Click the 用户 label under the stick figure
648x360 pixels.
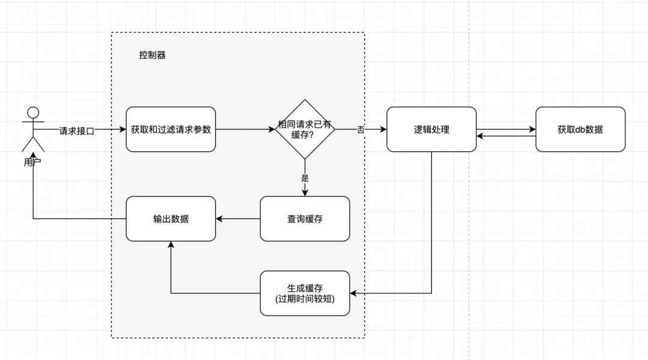coord(33,163)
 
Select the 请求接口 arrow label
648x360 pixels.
coord(76,130)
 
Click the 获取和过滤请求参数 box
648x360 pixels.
coord(170,129)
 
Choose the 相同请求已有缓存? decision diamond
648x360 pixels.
coord(305,129)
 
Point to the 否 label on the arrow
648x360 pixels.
coord(361,129)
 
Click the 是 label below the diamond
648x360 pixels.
coord(305,178)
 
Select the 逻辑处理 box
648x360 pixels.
coord(431,129)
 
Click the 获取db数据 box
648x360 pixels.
coord(580,129)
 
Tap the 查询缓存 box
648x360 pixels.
coord(305,219)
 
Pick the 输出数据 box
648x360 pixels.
coord(170,219)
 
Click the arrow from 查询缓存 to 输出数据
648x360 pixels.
coord(238,219)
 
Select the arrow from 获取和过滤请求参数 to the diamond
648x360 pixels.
coord(243,129)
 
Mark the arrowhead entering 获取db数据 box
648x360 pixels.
coord(532,129)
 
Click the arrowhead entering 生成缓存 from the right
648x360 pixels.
coord(354,293)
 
